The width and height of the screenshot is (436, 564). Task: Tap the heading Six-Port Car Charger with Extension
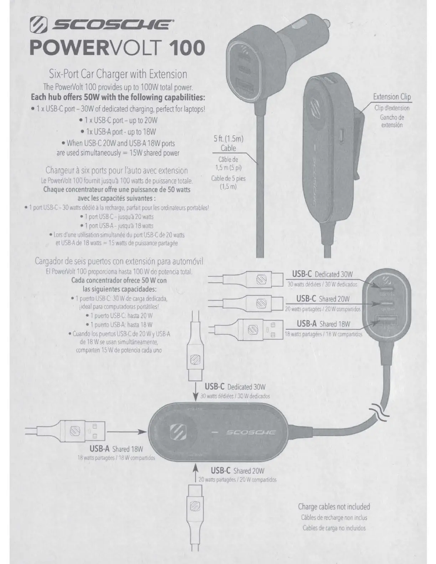(x=118, y=74)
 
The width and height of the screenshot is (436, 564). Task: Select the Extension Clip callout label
(x=392, y=96)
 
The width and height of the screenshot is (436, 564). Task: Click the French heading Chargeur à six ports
(x=117, y=170)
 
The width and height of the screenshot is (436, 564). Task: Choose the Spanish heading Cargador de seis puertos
(x=119, y=262)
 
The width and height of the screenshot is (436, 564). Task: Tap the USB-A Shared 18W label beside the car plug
(x=323, y=324)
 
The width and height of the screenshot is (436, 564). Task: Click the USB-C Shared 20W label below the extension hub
(x=237, y=471)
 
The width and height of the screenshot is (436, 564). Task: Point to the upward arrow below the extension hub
(x=195, y=474)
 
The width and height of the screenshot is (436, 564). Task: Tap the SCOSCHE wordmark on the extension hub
(x=251, y=432)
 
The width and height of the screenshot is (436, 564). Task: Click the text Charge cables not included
(x=334, y=506)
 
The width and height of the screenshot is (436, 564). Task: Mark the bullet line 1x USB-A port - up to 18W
(x=119, y=132)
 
